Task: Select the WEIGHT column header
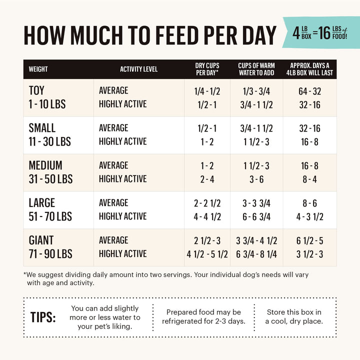tap(38, 69)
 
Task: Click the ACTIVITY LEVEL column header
tap(138, 69)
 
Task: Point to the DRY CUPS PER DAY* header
tap(207, 69)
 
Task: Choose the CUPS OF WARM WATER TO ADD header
tap(256, 69)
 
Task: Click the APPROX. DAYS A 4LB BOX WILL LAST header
tap(309, 69)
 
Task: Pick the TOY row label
tap(36, 90)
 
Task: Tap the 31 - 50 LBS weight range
tap(50, 179)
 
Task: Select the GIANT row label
tap(41, 240)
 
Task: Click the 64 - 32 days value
tap(309, 90)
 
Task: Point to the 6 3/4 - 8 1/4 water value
tap(256, 254)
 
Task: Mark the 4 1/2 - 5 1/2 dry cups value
tap(207, 254)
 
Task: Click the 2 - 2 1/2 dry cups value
tap(207, 203)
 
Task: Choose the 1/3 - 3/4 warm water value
tap(256, 90)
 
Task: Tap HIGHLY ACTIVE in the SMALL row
tap(122, 141)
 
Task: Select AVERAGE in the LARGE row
tap(113, 203)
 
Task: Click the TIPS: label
tap(43, 317)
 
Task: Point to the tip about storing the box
tap(294, 316)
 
